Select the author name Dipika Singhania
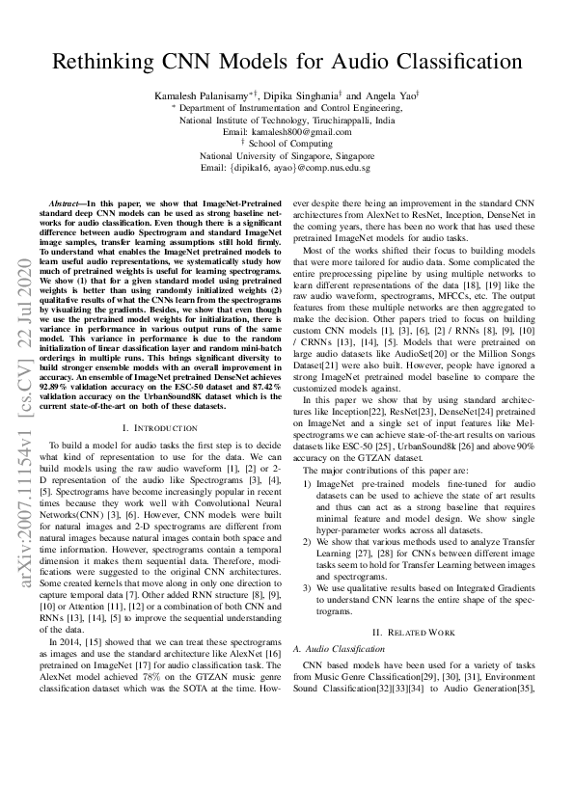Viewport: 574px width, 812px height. point(304,97)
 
